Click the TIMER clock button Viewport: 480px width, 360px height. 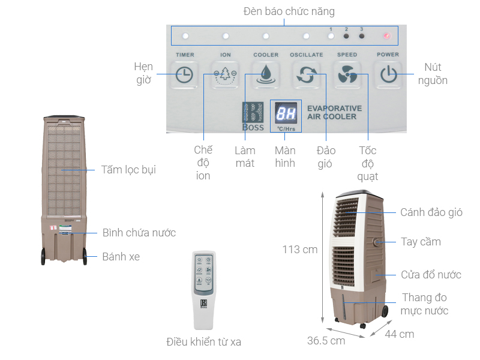point(184,75)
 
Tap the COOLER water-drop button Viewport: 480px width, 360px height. point(265,75)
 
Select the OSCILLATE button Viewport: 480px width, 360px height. point(306,75)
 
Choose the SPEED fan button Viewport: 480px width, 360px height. point(347,75)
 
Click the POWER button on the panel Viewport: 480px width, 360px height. point(388,75)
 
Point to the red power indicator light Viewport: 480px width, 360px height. point(387,36)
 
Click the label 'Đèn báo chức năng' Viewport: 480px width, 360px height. point(289,11)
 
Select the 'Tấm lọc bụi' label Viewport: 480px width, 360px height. point(128,170)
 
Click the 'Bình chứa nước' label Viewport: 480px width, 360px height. point(139,232)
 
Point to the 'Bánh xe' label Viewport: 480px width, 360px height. point(121,256)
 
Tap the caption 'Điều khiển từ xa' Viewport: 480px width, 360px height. point(203,342)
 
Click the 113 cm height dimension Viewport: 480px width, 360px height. point(300,249)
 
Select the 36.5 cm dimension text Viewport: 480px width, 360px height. point(326,341)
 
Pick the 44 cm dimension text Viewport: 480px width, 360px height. point(400,334)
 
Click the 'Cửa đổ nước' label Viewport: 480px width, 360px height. point(431,274)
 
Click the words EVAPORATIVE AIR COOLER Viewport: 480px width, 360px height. point(334,112)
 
